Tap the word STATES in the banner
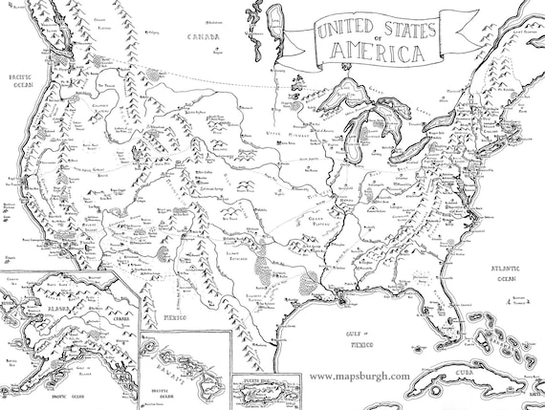click(413, 26)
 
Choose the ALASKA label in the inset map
click(43, 309)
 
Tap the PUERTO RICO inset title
click(270, 380)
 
